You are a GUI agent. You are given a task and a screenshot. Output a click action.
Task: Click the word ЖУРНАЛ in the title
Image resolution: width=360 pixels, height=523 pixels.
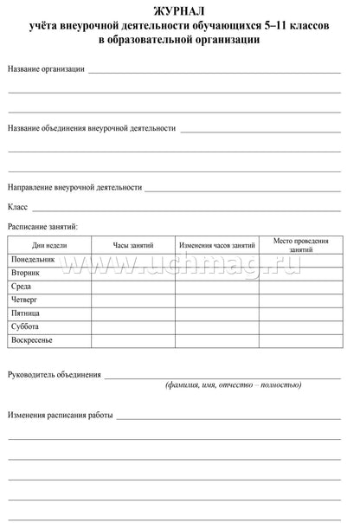click(x=179, y=10)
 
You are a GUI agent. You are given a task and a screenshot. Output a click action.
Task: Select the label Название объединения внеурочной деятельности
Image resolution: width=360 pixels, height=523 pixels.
click(x=92, y=128)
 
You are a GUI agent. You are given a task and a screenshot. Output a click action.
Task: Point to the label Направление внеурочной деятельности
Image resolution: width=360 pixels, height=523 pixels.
click(x=74, y=187)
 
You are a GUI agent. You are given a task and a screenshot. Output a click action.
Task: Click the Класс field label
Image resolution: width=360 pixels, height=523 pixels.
click(x=18, y=207)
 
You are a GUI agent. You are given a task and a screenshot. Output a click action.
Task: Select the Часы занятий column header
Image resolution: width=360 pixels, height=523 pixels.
click(x=132, y=245)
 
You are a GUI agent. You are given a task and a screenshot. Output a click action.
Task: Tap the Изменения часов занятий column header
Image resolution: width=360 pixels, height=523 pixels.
click(x=216, y=245)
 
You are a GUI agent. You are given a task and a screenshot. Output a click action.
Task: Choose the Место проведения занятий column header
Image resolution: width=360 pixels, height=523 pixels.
click(x=300, y=244)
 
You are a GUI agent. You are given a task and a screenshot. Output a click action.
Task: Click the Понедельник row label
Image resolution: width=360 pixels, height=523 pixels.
click(x=33, y=259)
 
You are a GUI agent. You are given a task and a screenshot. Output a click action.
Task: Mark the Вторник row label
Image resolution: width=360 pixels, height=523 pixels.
click(x=25, y=272)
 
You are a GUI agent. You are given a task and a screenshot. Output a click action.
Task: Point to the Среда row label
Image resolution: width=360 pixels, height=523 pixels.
click(x=22, y=286)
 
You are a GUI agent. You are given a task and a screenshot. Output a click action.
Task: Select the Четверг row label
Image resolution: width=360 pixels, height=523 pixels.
click(x=25, y=300)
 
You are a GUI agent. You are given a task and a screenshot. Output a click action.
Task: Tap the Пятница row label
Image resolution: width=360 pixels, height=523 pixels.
click(x=26, y=313)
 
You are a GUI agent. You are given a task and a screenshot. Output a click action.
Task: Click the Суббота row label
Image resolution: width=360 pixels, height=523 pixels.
click(x=24, y=326)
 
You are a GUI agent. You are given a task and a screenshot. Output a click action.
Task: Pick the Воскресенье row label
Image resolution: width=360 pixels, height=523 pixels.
click(x=32, y=340)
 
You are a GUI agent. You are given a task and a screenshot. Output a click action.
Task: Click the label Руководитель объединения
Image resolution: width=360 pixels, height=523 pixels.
click(x=54, y=375)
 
